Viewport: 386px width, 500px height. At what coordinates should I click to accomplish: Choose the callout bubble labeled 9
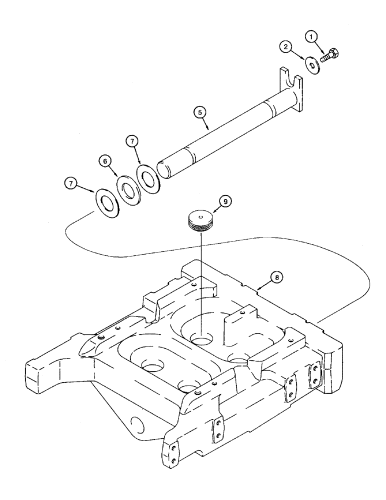click(225, 201)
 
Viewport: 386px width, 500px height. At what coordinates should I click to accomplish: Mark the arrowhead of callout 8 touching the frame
click(259, 288)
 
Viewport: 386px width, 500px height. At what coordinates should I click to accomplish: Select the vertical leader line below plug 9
click(201, 280)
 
